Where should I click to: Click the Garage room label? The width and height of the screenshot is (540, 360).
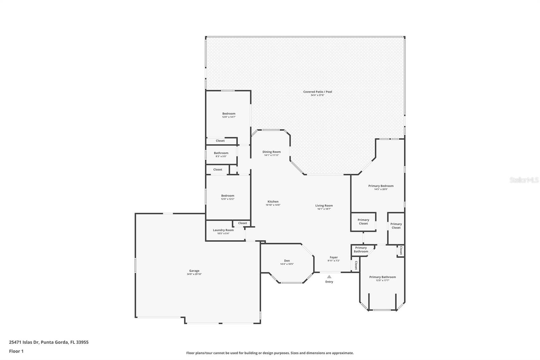point(194,271)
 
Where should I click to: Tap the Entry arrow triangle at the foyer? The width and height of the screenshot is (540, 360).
point(329,277)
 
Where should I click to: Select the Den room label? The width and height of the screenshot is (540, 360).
point(287,261)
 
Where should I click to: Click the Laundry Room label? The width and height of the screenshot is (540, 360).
point(223,230)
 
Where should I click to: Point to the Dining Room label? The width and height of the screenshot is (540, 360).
point(272,152)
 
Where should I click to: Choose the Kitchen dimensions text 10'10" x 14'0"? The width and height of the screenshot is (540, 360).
point(273,205)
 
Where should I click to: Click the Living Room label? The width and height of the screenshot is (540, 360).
point(324,206)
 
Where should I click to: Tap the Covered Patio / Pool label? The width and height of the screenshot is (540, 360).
point(317,92)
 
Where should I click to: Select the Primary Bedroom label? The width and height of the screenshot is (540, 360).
point(381,186)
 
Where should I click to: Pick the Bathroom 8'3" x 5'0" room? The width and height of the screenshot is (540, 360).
point(221,154)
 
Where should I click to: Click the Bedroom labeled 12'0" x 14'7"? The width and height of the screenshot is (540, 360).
point(229,115)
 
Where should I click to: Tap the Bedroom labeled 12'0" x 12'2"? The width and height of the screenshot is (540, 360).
point(228,197)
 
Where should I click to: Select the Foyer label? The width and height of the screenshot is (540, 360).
point(334,257)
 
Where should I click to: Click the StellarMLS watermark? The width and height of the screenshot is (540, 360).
point(524,180)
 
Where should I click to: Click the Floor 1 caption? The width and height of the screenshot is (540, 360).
point(16,351)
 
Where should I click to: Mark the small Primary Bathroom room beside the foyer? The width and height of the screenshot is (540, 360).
point(361,250)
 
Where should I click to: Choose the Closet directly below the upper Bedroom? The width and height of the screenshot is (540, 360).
point(220,141)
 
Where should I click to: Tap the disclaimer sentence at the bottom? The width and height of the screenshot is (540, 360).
point(270,353)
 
